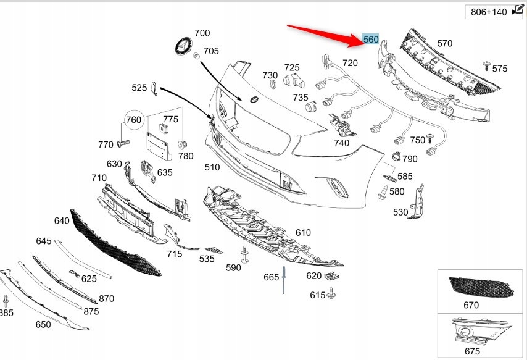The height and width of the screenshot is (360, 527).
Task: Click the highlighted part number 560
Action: coord(371,40)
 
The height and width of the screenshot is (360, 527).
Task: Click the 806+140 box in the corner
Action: coord(493,12)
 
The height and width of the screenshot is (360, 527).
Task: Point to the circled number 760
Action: coord(134,120)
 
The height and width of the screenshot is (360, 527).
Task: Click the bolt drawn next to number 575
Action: coord(486,65)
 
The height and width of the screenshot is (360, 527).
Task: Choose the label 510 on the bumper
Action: coord(212,167)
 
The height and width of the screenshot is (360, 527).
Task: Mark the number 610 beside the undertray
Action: coord(303,232)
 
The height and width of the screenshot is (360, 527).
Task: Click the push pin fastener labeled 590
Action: coord(245,254)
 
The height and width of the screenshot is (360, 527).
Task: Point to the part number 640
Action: coord(62,220)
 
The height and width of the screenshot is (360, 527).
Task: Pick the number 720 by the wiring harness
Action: coord(350,63)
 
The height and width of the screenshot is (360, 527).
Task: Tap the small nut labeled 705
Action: coord(197,56)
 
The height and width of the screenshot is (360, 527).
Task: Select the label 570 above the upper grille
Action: coord(444,43)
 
